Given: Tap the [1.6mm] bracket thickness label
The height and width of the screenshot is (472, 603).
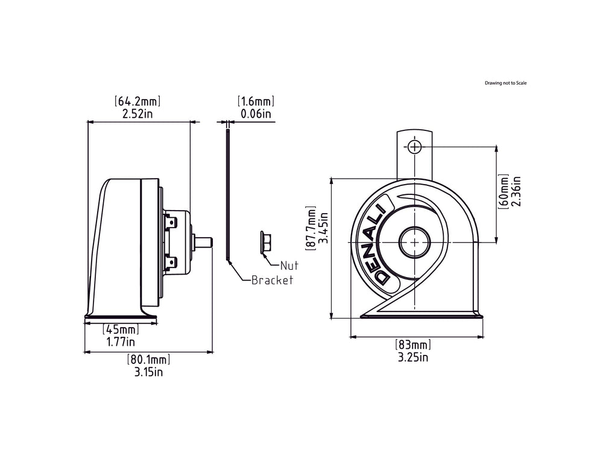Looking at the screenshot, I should pyautogui.click(x=256, y=101).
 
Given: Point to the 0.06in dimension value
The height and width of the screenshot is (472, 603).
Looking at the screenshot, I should pyautogui.click(x=256, y=113).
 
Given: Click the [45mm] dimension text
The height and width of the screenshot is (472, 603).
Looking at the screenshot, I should pyautogui.click(x=121, y=330).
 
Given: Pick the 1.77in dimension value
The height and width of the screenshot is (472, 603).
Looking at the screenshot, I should pyautogui.click(x=121, y=342).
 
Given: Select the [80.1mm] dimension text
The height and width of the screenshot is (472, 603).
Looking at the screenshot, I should pyautogui.click(x=148, y=360).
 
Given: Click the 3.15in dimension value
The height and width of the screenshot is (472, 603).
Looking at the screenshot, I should pyautogui.click(x=148, y=372).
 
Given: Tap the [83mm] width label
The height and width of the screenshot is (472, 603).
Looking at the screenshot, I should pyautogui.click(x=413, y=345).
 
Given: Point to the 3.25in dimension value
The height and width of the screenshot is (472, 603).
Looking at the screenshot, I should pyautogui.click(x=413, y=357).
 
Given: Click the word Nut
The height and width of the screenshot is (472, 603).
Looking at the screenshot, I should pyautogui.click(x=289, y=265).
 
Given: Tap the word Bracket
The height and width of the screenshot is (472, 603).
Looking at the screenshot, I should pyautogui.click(x=272, y=280).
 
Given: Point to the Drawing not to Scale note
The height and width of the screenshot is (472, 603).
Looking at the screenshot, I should pyautogui.click(x=505, y=83).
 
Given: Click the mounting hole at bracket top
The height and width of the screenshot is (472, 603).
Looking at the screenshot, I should pyautogui.click(x=414, y=146).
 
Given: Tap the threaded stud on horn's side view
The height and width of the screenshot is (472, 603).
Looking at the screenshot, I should pyautogui.click(x=205, y=241).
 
